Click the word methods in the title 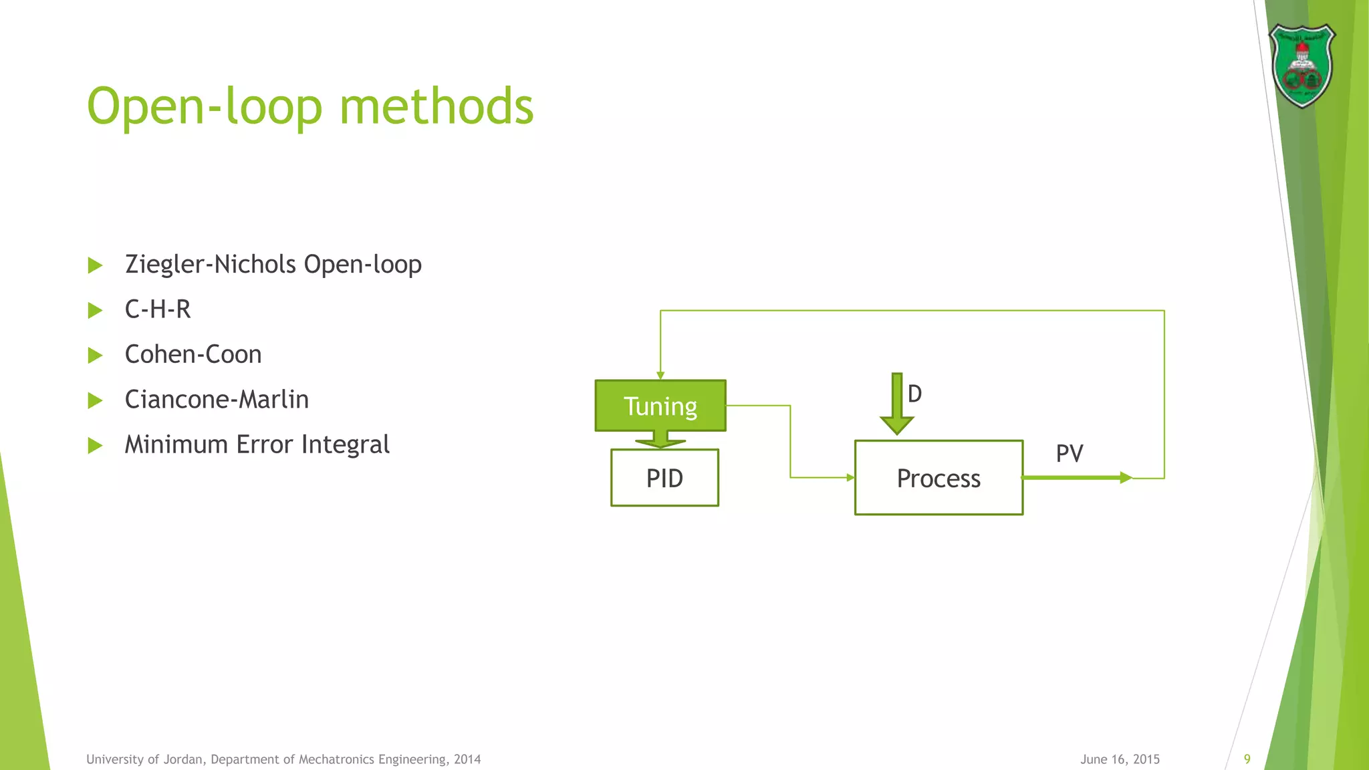pos(437,107)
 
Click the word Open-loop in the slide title pos(205,107)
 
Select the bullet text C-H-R pos(158,309)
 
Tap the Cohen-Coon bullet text pos(193,354)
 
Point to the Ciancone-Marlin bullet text pos(217,400)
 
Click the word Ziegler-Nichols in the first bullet pos(211,264)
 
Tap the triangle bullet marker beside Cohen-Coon pos(95,355)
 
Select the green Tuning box pos(660,406)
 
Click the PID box pos(664,478)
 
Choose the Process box pos(939,478)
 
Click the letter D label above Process pos(915,394)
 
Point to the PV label pos(1070,453)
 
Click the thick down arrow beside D pos(897,405)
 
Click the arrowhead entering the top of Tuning pos(660,376)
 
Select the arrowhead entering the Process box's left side pos(850,477)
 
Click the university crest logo pos(1301,66)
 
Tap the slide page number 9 pos(1247,759)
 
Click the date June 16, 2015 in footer pos(1120,759)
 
